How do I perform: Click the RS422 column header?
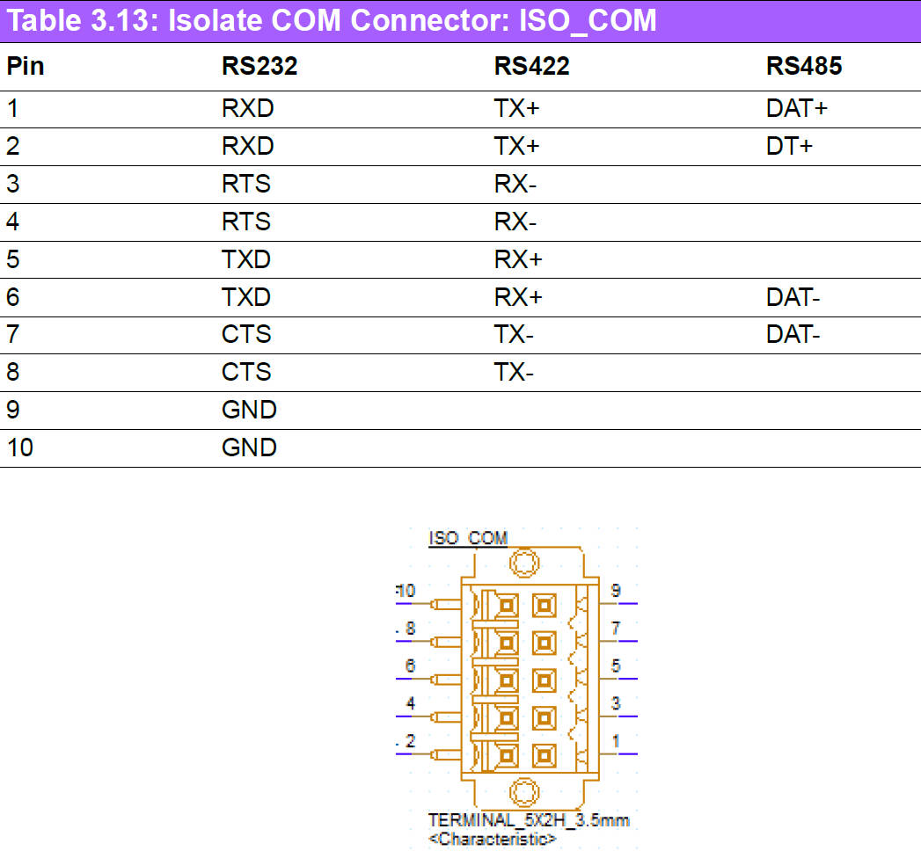coord(531,67)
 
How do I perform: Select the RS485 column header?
coord(804,67)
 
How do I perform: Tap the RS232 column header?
coord(259,67)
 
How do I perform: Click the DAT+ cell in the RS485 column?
coord(797,109)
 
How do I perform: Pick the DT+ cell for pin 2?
coord(789,147)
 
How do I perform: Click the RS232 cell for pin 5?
coord(246,260)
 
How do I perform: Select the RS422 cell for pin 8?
coord(514,373)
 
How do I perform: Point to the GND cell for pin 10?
coord(249,447)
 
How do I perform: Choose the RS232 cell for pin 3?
coord(246,185)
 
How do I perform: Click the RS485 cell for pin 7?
coord(793,335)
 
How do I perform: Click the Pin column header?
coord(26,67)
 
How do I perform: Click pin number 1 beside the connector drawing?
coord(616,741)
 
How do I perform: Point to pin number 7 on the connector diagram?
coord(616,628)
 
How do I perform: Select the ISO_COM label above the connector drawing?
coord(468,538)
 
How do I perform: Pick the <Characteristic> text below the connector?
coord(493,840)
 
